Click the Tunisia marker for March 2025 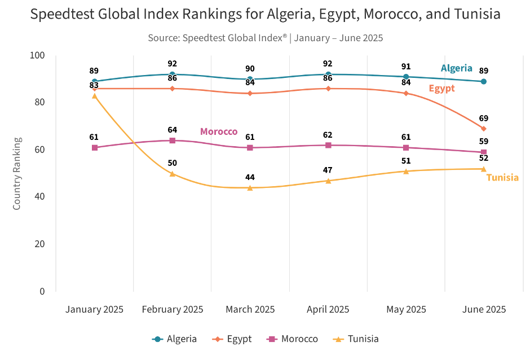(250, 187)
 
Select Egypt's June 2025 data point (483, 129)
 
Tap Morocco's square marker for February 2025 (173, 141)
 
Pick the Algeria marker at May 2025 (406, 77)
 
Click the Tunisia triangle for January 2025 (94, 96)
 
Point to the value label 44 (250, 177)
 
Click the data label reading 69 (483, 118)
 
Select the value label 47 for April (328, 170)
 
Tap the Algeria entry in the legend (175, 339)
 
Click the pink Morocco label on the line (219, 131)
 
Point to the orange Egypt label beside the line (441, 89)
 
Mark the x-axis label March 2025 (250, 309)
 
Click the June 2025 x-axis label (483, 309)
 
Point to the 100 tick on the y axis (38, 55)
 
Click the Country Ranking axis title (17, 173)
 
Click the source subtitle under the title (265, 38)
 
